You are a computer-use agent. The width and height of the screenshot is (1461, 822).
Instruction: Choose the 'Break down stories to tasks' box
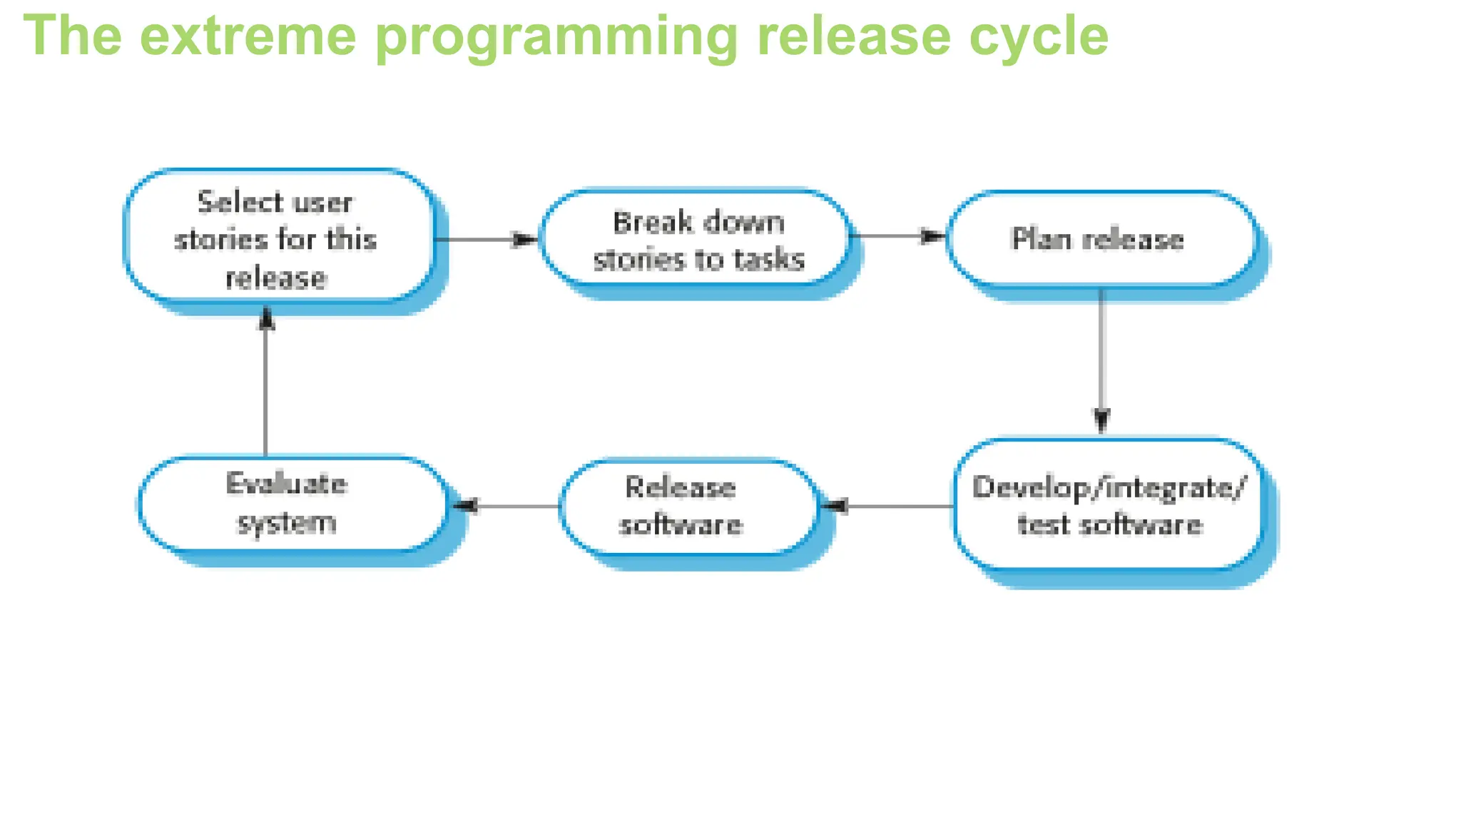(x=696, y=240)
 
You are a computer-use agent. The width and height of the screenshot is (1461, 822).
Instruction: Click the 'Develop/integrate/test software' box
(x=1109, y=505)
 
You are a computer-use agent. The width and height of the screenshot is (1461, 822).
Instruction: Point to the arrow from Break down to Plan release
(x=898, y=235)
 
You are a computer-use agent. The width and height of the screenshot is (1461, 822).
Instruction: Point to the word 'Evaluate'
(x=287, y=484)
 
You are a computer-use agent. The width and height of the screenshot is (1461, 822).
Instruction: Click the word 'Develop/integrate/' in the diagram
(x=1109, y=487)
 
